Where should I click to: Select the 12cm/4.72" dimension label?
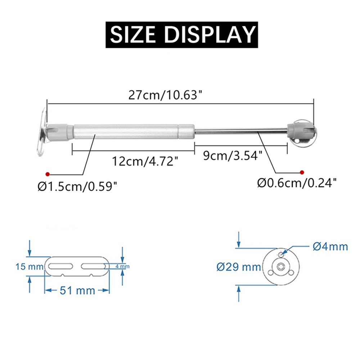click(x=145, y=161)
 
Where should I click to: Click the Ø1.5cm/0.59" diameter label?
click(x=77, y=186)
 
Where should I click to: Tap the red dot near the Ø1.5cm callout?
click(x=47, y=173)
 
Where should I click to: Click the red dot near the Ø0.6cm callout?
click(x=302, y=172)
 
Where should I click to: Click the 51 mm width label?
click(x=76, y=290)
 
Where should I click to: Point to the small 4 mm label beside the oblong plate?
click(x=122, y=266)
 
